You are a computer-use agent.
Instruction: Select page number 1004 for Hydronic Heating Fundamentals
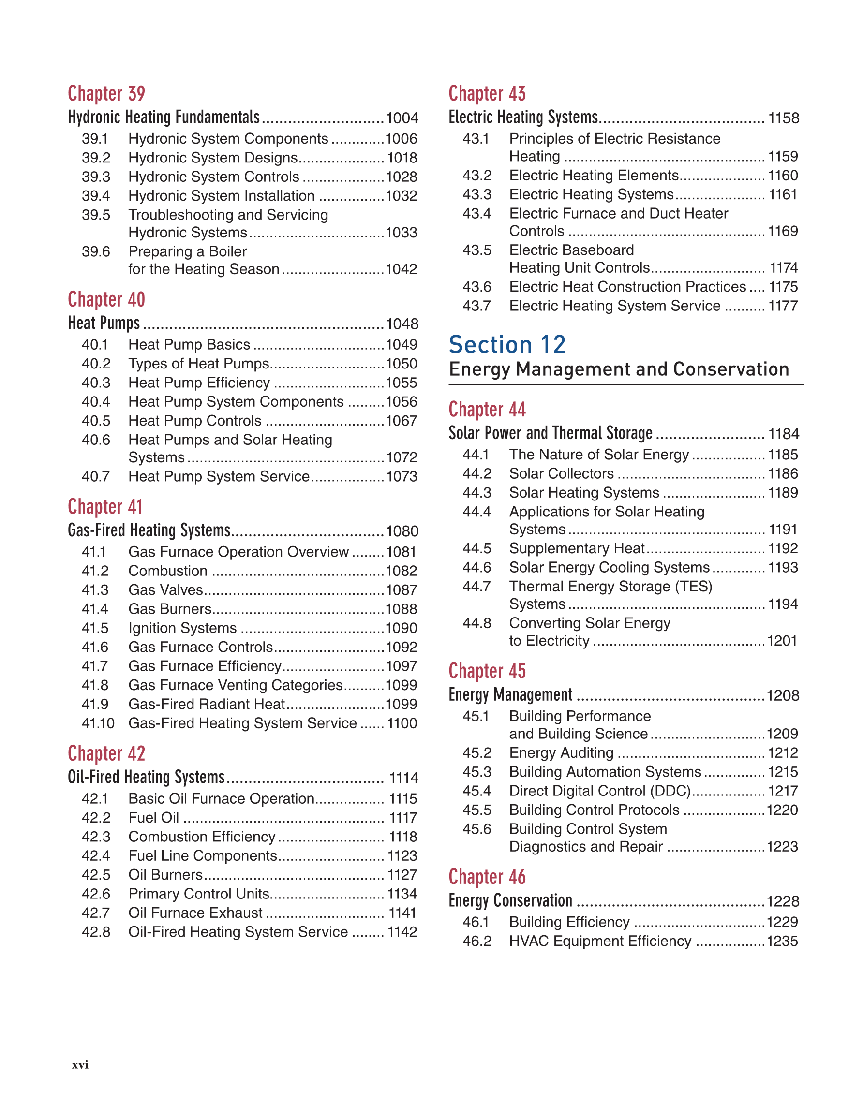coord(402,118)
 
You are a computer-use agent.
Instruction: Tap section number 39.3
coord(96,177)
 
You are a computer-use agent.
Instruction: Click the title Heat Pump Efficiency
coord(199,383)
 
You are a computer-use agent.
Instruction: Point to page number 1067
coord(402,421)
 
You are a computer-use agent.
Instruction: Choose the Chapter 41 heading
coord(105,506)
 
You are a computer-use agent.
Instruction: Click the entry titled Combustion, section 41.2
coord(168,571)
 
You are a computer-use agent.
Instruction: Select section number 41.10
coord(98,723)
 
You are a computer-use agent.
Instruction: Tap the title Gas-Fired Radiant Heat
coord(206,704)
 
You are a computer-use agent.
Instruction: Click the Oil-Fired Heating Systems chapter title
coord(146,777)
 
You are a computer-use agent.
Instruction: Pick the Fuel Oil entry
coord(154,817)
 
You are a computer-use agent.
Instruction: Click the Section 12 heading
coord(507,345)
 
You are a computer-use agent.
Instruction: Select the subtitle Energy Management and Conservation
coord(619,369)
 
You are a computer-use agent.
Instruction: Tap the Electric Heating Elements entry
coord(594,176)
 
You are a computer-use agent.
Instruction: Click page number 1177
coord(783,306)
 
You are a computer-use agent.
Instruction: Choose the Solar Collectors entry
coord(561,473)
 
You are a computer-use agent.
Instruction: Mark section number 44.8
coord(477,623)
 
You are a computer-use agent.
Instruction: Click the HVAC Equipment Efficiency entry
coord(600,941)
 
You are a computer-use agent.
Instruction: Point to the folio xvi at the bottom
coord(80,1065)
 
